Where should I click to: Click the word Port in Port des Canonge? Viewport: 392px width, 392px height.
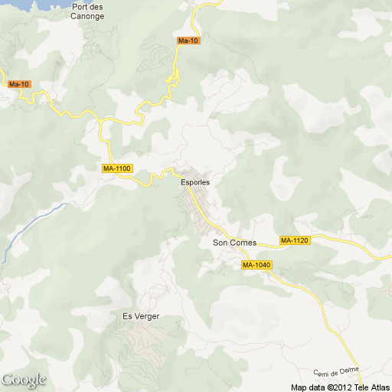(80, 7)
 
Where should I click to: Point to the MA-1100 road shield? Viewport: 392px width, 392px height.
(117, 168)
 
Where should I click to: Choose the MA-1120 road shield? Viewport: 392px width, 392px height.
(294, 240)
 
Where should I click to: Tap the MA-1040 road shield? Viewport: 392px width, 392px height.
(256, 265)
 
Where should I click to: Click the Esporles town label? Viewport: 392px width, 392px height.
(194, 182)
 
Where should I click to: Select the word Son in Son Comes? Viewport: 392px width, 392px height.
(219, 243)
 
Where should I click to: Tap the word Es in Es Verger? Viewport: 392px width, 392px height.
(127, 315)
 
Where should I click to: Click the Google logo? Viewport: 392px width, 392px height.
(23, 380)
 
